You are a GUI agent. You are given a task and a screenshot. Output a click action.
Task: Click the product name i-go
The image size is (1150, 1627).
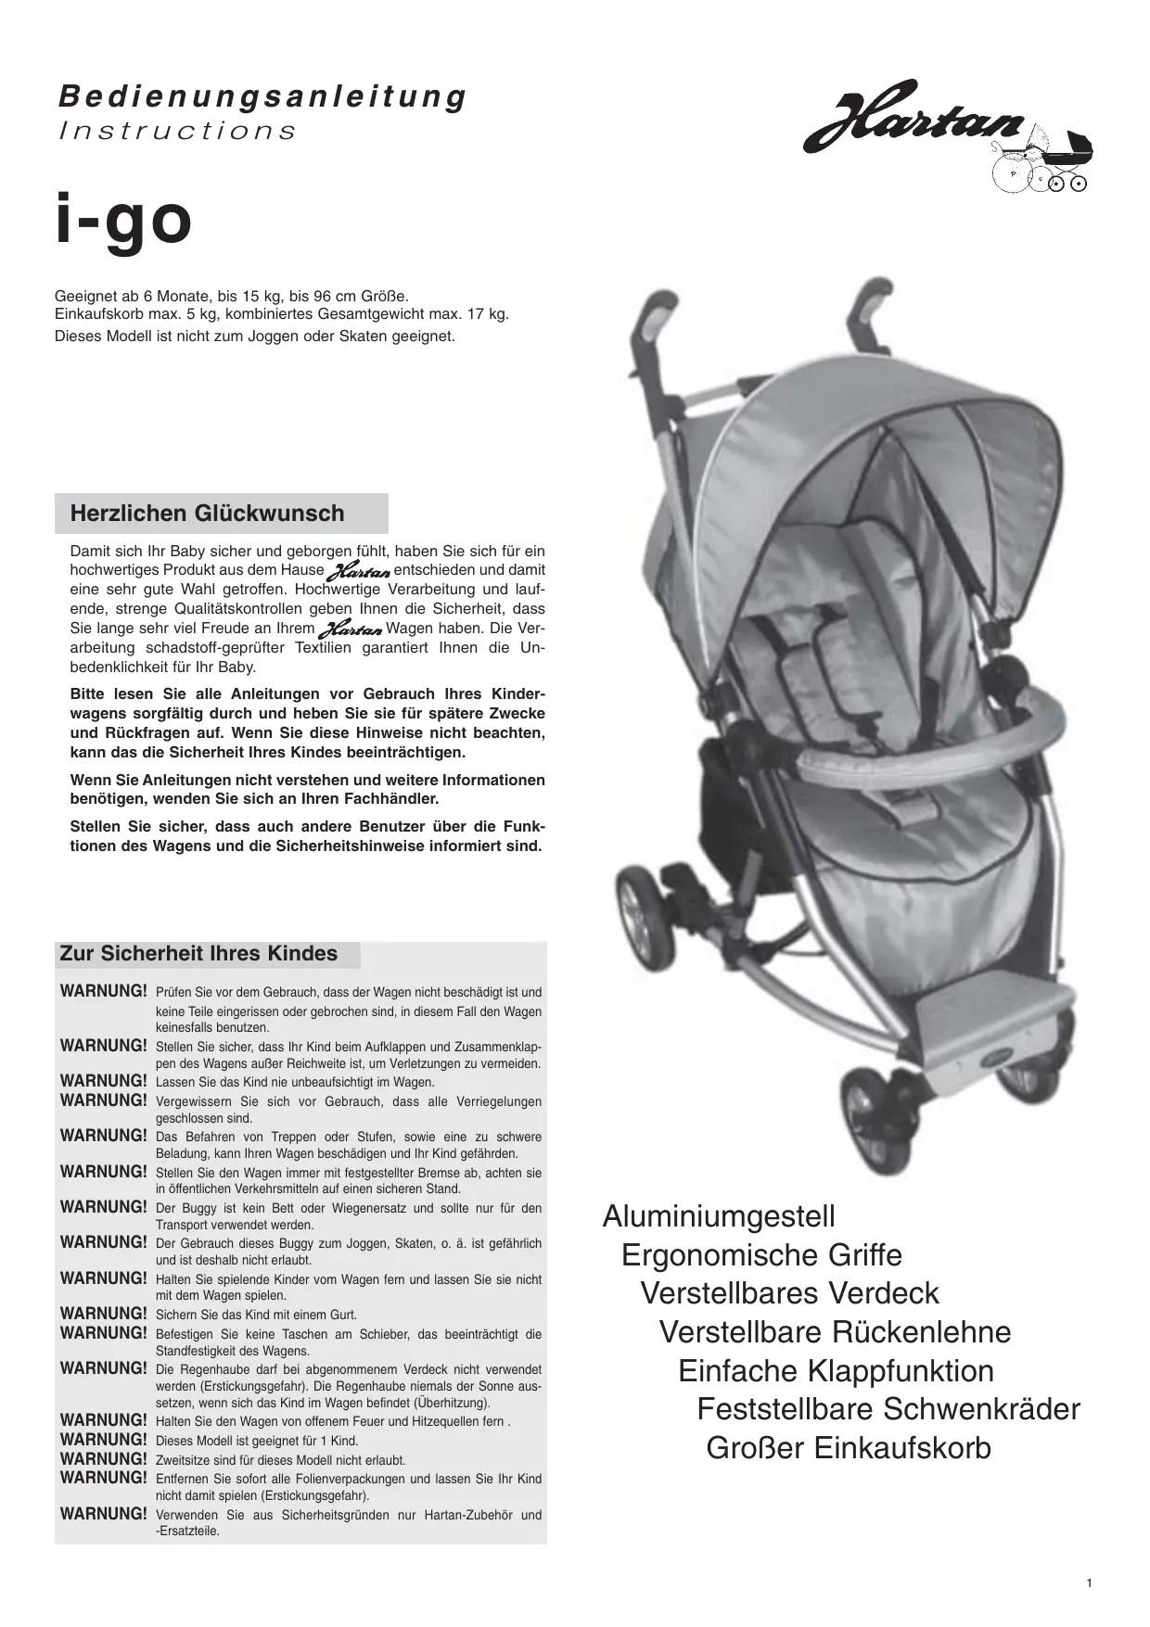123,221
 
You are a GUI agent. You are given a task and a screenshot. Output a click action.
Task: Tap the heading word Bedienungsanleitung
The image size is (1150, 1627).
262,96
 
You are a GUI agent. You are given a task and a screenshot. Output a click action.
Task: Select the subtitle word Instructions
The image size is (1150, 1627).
177,131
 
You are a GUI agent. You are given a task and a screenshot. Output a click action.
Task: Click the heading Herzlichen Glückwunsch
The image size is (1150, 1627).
207,514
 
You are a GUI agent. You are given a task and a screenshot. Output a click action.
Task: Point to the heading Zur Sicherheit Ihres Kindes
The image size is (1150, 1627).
198,954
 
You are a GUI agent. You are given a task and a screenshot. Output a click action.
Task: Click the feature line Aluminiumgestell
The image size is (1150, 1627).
719,1216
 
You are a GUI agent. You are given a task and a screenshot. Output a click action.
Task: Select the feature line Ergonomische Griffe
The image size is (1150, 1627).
761,1255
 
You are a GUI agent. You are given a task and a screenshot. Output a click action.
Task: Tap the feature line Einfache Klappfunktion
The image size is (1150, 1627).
836,1370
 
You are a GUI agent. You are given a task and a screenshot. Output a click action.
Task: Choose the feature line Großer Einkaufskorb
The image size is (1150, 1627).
849,1447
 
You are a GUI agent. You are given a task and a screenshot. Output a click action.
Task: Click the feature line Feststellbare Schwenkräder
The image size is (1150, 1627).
888,1409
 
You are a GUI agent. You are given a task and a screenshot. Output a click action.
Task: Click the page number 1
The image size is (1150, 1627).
1089,1583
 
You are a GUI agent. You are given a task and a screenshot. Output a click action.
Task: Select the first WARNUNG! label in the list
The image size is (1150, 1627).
104,991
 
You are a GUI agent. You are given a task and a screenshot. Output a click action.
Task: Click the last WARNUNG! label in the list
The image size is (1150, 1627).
104,1514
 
